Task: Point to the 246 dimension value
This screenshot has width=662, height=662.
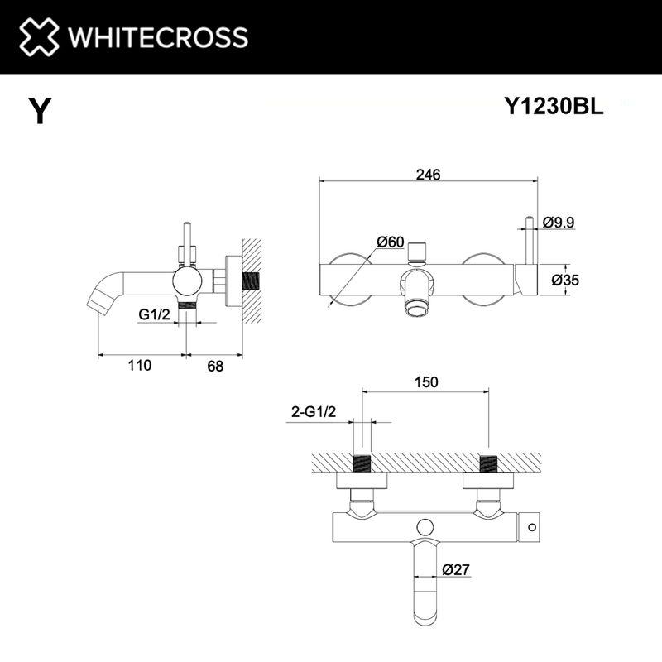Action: [428, 175]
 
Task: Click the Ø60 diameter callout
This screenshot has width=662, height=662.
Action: [390, 242]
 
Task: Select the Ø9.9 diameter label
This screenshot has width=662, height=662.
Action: [559, 222]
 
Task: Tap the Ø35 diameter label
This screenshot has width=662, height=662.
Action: [565, 280]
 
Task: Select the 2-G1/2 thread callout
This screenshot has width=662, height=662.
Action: [312, 411]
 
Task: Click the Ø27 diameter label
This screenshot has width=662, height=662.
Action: [457, 569]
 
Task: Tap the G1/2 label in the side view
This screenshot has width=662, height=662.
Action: [155, 314]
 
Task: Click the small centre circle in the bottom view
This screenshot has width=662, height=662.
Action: [426, 526]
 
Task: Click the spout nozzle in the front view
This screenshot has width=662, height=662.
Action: [415, 309]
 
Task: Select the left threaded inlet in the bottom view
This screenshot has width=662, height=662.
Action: [362, 463]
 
